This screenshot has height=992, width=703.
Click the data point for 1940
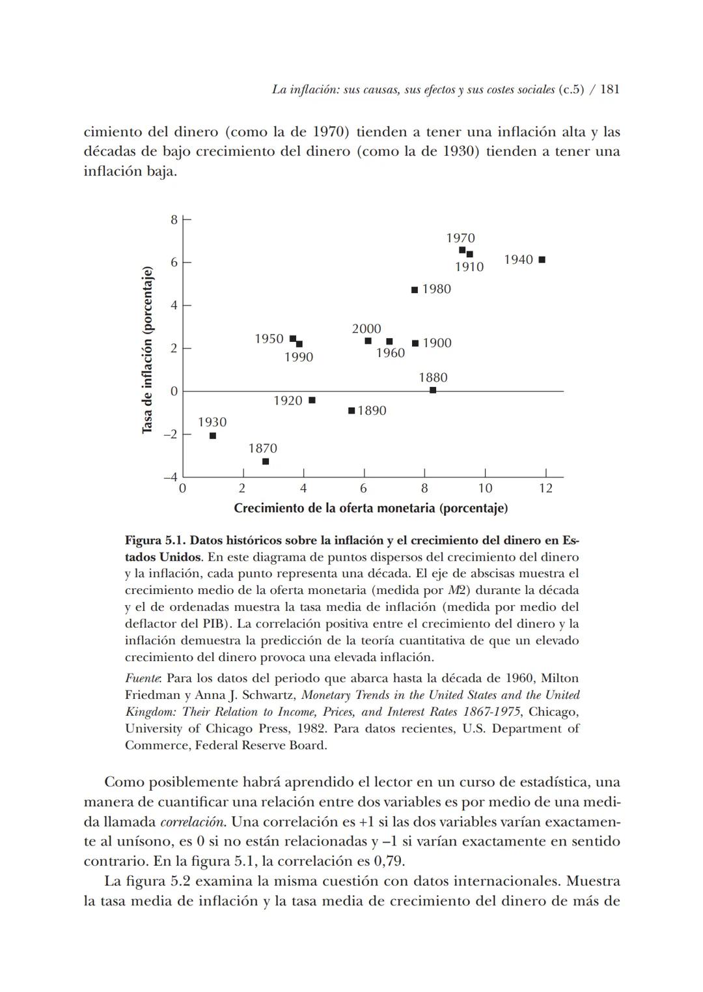[x=542, y=260]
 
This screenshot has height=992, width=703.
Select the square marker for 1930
[x=213, y=436]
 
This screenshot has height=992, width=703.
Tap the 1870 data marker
[x=266, y=461]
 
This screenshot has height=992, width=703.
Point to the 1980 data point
[x=415, y=290]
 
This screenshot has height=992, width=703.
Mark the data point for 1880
[x=433, y=390]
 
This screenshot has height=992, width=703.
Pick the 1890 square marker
[x=351, y=410]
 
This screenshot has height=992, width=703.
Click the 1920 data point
[x=312, y=400]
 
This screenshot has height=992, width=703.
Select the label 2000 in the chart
[x=366, y=329]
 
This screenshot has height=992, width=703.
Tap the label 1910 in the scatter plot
[x=469, y=267]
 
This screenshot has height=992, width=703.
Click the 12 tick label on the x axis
[x=545, y=488]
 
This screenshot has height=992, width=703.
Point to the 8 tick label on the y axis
[x=174, y=220]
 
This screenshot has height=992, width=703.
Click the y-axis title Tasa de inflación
[x=148, y=350]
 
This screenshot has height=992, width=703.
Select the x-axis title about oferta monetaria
[x=370, y=508]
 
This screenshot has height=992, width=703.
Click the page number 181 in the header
[x=609, y=89]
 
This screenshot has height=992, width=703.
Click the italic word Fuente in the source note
[x=142, y=679]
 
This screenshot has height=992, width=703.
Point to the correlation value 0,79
[x=389, y=861]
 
